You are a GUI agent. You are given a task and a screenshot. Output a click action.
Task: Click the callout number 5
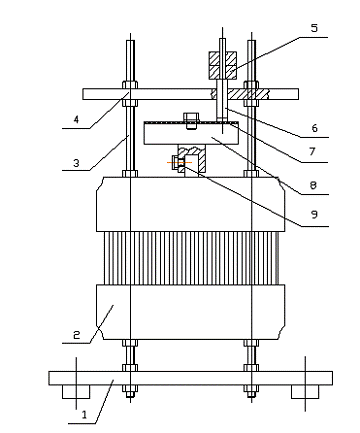tap(314, 28)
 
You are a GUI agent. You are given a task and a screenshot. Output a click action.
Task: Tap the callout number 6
tap(314, 128)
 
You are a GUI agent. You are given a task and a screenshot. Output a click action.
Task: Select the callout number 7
tap(312, 151)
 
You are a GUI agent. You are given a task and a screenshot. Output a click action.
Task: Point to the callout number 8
tap(313, 185)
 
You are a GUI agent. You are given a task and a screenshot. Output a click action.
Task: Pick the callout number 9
tap(314, 214)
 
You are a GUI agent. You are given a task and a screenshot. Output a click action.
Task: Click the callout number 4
tap(76, 119)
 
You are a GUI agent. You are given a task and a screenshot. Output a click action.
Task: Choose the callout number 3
tap(76, 163)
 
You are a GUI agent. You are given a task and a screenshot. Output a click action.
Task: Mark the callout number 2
tap(77, 335)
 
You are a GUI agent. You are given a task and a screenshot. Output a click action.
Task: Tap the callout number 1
tap(84, 414)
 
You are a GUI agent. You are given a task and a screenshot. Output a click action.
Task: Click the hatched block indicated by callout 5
tap(223, 65)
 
